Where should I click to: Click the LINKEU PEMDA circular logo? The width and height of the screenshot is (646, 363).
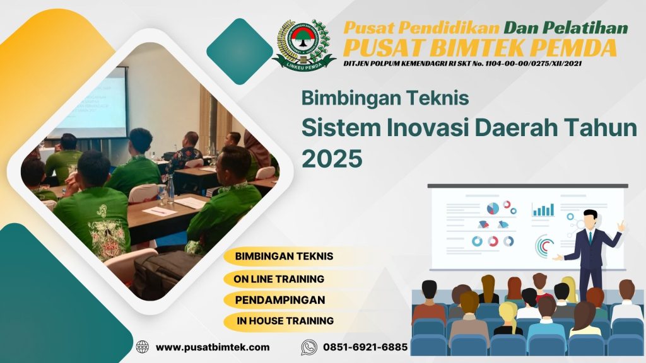(x=303, y=43)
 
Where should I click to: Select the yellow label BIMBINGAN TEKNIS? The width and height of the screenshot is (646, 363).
(x=283, y=256)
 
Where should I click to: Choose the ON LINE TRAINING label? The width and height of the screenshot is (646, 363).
(x=279, y=278)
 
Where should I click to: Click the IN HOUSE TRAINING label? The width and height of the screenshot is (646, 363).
(x=285, y=321)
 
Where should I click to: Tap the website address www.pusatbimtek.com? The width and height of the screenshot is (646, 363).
(x=213, y=347)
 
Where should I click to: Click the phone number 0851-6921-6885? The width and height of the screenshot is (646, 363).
(x=365, y=347)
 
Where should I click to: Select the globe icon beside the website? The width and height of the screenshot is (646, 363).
(x=143, y=347)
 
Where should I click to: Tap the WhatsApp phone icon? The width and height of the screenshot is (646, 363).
(x=308, y=347)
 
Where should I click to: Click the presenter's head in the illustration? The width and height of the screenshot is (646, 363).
(x=590, y=219)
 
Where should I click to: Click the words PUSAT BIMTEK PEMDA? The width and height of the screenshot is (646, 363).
(x=480, y=47)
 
